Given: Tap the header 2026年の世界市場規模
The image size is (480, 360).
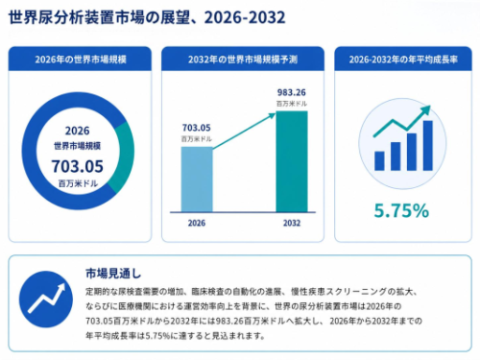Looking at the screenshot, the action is (x=81, y=60).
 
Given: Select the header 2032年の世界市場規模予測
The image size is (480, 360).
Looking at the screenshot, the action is (x=243, y=60).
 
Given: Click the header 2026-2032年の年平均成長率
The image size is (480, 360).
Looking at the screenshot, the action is (x=403, y=60).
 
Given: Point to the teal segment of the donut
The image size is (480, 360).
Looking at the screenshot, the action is (x=126, y=156).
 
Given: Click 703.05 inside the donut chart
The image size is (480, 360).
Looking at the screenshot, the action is (x=78, y=166).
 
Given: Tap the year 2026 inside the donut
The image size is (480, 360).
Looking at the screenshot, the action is (x=78, y=131).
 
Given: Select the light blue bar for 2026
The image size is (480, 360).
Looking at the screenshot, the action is (x=197, y=180).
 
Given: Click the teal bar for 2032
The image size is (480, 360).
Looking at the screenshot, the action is (x=292, y=161).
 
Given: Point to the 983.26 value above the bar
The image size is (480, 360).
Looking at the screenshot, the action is (x=292, y=92).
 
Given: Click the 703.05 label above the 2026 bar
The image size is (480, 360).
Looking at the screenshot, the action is (x=197, y=128).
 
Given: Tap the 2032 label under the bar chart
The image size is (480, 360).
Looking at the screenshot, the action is (x=292, y=223).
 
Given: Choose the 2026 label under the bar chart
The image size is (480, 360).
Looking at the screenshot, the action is (x=197, y=223).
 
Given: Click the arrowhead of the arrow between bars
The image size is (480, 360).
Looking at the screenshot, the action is (x=272, y=115).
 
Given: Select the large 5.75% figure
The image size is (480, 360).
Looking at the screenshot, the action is (x=401, y=210).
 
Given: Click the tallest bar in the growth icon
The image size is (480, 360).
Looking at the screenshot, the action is (x=428, y=146).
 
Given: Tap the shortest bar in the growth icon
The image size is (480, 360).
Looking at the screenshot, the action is (x=379, y=161).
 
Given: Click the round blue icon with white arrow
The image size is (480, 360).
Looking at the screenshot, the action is (x=46, y=300).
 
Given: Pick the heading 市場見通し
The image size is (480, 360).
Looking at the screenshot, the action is (x=113, y=274).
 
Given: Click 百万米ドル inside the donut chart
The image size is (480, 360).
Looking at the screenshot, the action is (x=78, y=183).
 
